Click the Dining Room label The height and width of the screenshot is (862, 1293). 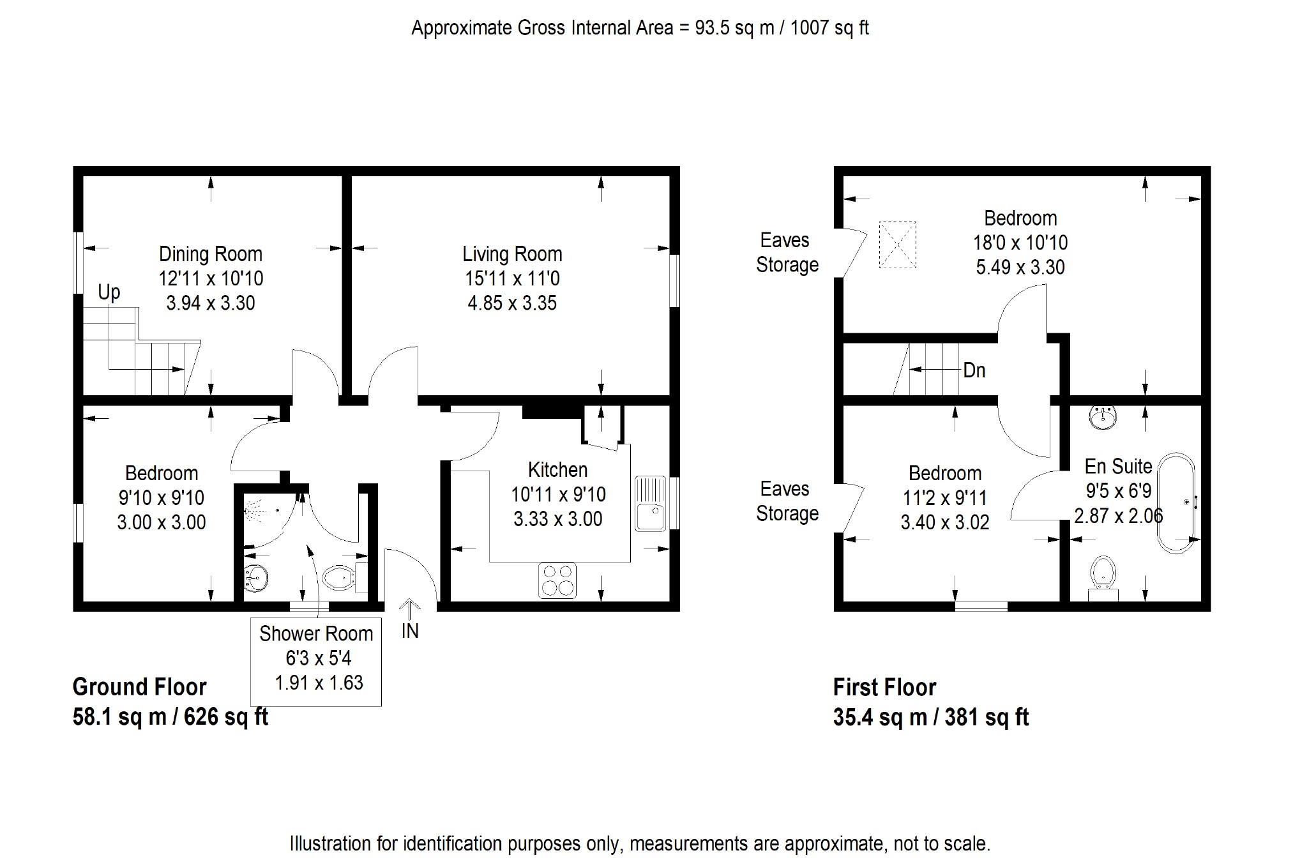211,254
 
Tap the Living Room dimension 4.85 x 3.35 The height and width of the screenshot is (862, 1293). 512,303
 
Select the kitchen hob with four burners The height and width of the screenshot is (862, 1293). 557,580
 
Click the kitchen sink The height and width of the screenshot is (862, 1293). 651,504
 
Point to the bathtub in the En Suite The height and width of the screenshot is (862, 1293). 1176,503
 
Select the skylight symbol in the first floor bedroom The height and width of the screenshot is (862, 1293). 898,245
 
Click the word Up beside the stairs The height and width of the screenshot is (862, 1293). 109,293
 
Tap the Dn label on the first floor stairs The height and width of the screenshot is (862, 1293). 974,370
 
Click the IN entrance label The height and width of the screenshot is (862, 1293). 410,631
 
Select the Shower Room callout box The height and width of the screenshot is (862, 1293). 316,662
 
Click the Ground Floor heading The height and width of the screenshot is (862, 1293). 140,688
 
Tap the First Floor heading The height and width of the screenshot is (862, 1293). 885,688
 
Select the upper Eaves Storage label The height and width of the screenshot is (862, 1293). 787,253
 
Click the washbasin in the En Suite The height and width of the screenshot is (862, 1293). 1103,417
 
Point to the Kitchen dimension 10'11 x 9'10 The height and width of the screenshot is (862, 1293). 558,495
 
